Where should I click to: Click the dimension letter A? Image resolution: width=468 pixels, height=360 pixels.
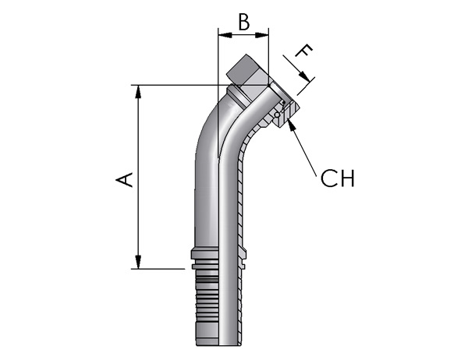pos(124,179)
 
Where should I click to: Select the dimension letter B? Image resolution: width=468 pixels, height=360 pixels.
pos(244,22)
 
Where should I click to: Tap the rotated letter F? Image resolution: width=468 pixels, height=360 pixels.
pos(304,51)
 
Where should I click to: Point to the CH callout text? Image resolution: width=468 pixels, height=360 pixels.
pos(338,178)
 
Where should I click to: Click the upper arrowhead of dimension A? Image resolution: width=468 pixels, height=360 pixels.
pos(138,92)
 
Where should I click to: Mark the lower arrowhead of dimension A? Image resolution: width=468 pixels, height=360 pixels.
pos(138,262)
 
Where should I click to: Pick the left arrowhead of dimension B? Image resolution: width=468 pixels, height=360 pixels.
pos(225,35)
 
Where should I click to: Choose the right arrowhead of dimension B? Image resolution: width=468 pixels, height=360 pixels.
pos(262,35)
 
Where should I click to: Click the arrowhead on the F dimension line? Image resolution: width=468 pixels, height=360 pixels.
pos(305,76)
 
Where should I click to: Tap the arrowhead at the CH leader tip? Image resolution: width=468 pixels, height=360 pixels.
pos(292,125)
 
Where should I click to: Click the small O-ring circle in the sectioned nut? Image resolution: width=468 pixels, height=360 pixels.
pos(277,115)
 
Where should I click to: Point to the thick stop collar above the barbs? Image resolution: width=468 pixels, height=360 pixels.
pos(204,255)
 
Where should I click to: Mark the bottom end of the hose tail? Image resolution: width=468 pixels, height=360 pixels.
pos(218,345)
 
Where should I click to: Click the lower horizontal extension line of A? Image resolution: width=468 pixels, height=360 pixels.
pos(158,269)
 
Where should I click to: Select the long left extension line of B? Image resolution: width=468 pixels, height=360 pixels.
pos(218,93)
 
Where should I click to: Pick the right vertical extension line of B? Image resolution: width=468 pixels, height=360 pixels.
pos(268,57)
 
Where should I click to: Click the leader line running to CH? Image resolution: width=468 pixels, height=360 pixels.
pos(304,151)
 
